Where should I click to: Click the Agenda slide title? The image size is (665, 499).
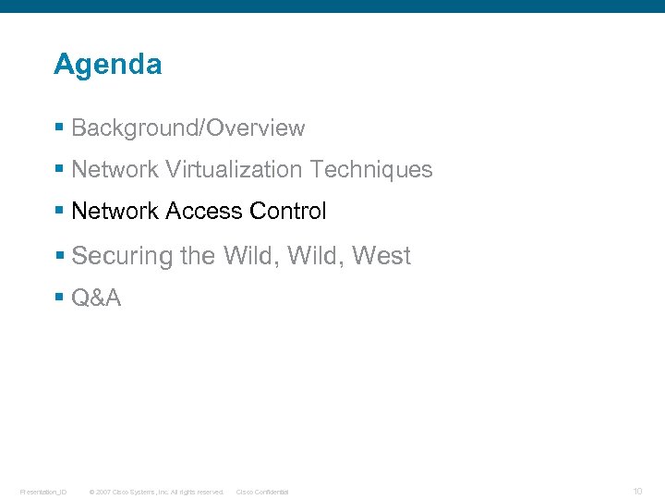tap(107, 65)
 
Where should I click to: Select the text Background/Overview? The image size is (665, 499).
tap(187, 128)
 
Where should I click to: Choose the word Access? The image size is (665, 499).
tap(203, 212)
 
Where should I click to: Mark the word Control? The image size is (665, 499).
tap(287, 212)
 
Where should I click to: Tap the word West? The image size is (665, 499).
tap(381, 256)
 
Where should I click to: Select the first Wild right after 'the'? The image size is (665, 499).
tap(251, 256)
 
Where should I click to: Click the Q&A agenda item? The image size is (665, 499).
tap(96, 298)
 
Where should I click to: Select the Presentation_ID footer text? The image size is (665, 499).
tap(42, 492)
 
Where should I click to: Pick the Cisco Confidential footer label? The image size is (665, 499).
tap(262, 492)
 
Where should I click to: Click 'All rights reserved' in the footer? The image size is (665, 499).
tap(197, 492)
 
